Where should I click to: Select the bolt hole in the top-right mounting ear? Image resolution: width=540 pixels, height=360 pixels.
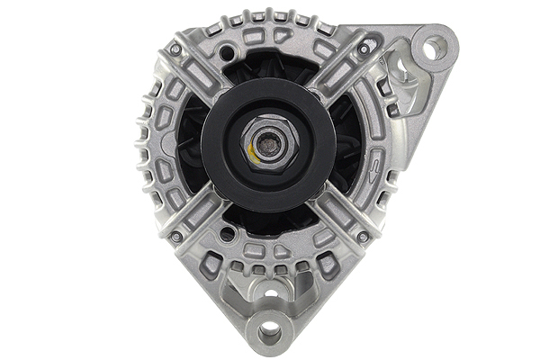[x=435, y=47]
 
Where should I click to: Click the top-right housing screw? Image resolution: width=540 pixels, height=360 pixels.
[x=364, y=50]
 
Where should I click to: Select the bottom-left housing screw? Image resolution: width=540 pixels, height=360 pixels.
[x=176, y=236]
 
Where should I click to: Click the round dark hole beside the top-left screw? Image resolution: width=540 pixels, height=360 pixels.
[x=224, y=54]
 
